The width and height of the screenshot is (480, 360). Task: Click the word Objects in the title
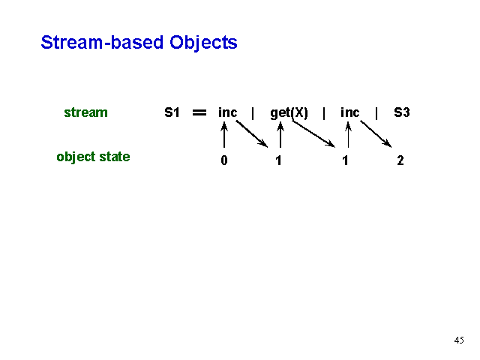[203, 43]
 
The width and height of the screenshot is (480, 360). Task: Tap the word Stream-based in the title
[102, 42]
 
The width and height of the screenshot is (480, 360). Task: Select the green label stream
[85, 112]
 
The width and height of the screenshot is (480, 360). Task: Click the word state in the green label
[115, 157]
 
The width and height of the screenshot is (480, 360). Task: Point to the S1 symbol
[172, 112]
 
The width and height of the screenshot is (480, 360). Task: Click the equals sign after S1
[199, 112]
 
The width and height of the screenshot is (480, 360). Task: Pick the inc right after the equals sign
[227, 112]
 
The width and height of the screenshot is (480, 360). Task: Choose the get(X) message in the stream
[289, 113]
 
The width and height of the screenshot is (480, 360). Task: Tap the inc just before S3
[350, 112]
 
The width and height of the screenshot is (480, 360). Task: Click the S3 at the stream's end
[402, 112]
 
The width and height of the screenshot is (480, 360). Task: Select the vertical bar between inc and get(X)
[253, 113]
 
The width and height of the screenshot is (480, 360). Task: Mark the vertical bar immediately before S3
[376, 113]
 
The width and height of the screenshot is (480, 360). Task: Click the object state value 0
[224, 160]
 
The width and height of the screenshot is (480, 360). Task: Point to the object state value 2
[400, 160]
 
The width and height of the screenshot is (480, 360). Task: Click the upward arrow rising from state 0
[224, 135]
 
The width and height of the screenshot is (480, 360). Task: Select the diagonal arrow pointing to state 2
[376, 134]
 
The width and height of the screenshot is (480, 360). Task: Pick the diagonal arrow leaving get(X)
[313, 134]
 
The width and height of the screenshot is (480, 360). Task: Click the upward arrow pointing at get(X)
[280, 135]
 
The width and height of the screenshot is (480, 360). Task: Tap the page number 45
[459, 340]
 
